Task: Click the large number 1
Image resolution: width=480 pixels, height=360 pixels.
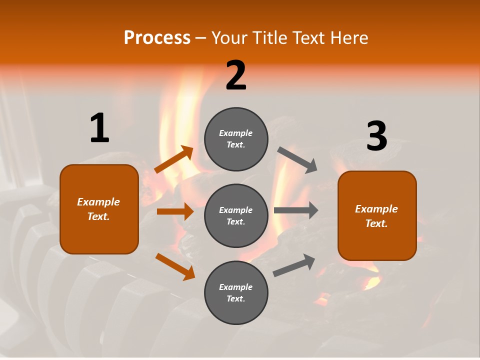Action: (x=99, y=128)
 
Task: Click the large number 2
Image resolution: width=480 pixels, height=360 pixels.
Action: (x=236, y=75)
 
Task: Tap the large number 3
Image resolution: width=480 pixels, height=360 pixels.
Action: (x=376, y=136)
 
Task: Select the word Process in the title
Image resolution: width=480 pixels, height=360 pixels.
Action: (x=157, y=37)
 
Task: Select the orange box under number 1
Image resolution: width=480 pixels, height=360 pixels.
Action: (x=99, y=209)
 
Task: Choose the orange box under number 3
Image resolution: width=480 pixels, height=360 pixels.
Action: (x=377, y=215)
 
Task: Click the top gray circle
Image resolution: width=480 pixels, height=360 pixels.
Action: (x=236, y=139)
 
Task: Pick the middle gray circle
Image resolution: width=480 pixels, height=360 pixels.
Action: (x=236, y=215)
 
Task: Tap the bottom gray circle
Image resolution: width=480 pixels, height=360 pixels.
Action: (x=236, y=292)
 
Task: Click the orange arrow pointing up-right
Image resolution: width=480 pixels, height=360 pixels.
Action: (x=174, y=159)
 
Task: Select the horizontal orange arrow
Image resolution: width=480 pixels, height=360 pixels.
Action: (x=175, y=211)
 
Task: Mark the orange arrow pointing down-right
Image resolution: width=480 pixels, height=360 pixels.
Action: (x=175, y=266)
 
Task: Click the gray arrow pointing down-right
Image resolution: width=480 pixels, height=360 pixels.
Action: (x=297, y=160)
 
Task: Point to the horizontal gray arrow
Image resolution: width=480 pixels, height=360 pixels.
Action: (x=296, y=210)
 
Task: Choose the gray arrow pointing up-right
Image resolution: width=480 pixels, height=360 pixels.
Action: (x=294, y=265)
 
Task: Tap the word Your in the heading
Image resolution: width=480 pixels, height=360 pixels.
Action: (x=229, y=37)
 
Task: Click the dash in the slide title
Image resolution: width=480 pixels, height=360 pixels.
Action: (x=200, y=38)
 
